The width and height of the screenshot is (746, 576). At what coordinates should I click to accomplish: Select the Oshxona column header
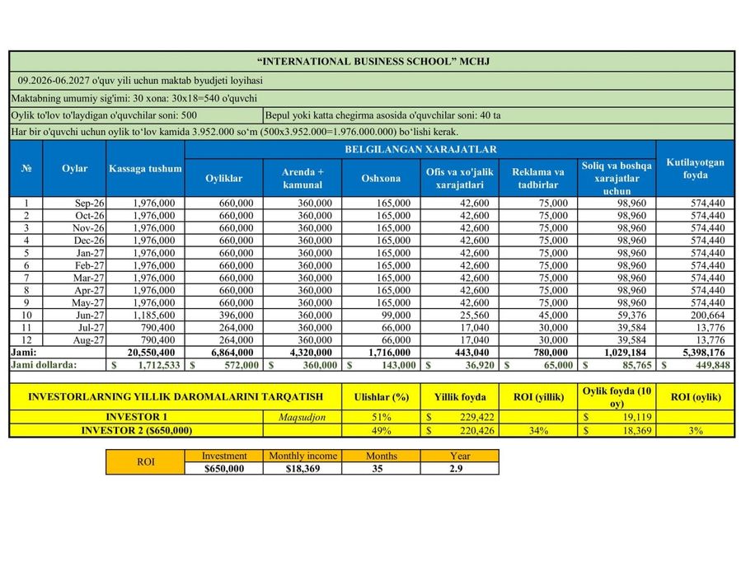381,178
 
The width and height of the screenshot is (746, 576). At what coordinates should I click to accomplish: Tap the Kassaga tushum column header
145,169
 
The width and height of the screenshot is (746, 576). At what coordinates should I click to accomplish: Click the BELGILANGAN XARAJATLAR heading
420,149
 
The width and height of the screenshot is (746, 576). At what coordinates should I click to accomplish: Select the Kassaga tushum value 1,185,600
153,314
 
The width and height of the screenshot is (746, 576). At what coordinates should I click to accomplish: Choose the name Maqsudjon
303,417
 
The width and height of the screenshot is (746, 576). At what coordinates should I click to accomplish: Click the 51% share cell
381,417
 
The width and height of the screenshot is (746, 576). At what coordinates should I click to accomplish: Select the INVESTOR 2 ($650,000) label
137,430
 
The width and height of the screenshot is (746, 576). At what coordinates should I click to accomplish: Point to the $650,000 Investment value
224,468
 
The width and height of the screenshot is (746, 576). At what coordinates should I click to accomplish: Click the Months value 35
381,468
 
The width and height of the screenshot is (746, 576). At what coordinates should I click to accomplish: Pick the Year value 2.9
460,468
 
